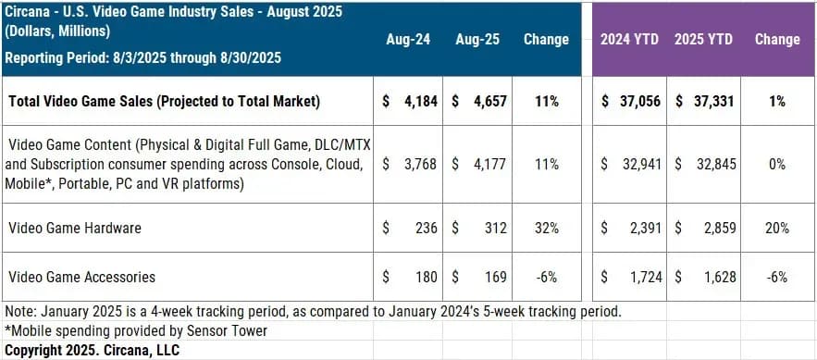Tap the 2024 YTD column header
(x=629, y=40)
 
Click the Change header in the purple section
(x=776, y=40)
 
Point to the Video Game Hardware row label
(x=69, y=228)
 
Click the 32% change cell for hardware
(x=546, y=228)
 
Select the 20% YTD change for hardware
(x=776, y=228)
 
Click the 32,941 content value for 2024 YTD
(x=638, y=164)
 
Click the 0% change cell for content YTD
(x=776, y=164)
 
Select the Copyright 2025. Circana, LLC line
(x=92, y=350)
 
